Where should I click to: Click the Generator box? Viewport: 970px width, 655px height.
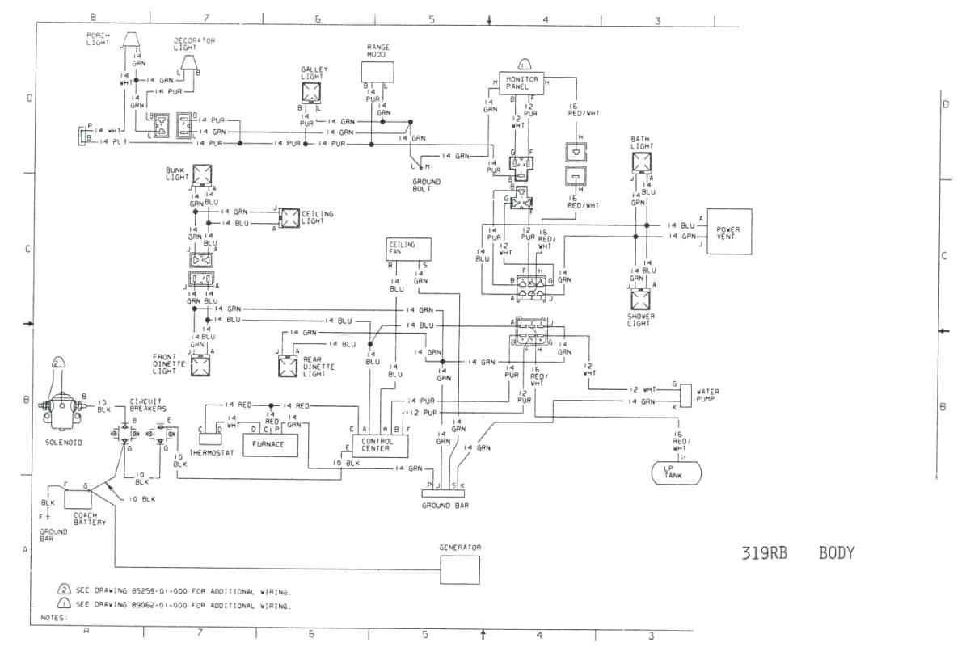tap(459, 570)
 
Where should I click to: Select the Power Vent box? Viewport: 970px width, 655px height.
tap(729, 231)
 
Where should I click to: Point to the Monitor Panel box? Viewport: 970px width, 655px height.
tap(523, 84)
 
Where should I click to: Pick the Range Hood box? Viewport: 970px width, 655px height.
tap(377, 71)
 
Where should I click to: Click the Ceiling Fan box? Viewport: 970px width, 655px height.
tap(408, 249)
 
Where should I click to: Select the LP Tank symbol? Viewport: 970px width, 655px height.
tap(677, 472)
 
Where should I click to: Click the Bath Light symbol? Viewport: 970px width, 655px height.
tap(640, 162)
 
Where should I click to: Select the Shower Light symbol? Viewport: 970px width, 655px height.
tap(640, 300)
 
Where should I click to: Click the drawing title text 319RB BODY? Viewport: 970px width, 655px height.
tap(797, 553)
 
